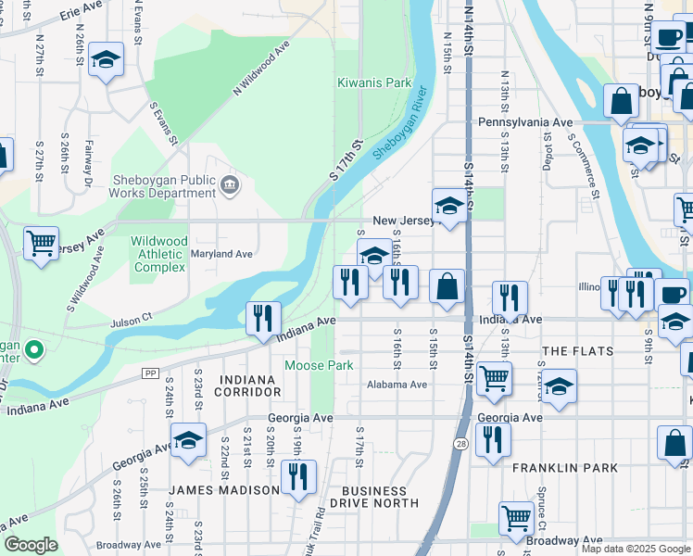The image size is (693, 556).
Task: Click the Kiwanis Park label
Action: click(x=374, y=82)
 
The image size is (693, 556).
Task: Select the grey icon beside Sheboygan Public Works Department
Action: click(x=230, y=187)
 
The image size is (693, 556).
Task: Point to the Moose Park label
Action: click(x=318, y=365)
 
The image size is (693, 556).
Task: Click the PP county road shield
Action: click(x=149, y=373)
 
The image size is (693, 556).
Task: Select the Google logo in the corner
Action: click(x=31, y=545)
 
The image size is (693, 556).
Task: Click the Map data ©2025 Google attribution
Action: click(x=636, y=549)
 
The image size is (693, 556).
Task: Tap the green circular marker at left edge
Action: click(x=34, y=350)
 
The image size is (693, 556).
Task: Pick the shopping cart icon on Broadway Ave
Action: click(x=516, y=518)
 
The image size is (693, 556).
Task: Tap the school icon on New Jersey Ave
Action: click(x=448, y=207)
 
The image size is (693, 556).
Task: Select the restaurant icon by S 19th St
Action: click(x=298, y=477)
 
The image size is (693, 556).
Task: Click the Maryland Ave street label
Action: click(x=221, y=254)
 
